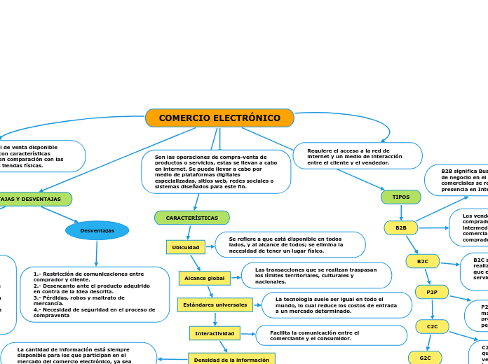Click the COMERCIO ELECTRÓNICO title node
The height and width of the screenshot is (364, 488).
point(219,118)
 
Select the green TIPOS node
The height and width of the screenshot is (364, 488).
point(401,197)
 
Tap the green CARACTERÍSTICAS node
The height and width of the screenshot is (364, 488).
point(191,218)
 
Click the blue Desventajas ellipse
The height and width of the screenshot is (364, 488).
point(97,230)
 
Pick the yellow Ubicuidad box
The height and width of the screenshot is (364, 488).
point(186,247)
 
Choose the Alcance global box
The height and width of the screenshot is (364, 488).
point(204,279)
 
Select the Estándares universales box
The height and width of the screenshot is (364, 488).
point(215,305)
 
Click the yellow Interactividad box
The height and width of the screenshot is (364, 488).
point(215,333)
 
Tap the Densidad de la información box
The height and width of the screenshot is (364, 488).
point(231,359)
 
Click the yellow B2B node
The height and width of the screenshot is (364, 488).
point(401,227)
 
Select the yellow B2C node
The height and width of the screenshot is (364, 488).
point(423,261)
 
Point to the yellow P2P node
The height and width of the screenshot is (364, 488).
point(432,292)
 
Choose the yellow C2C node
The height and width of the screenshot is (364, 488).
point(433,326)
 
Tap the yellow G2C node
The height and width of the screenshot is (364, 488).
point(425,357)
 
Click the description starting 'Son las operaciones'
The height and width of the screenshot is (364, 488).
point(216,172)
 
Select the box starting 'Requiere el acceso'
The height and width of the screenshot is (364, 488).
point(358,156)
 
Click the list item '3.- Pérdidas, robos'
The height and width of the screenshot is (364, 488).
point(79,297)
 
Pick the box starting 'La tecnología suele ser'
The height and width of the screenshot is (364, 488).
point(337,305)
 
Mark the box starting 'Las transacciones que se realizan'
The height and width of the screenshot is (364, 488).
point(316,276)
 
